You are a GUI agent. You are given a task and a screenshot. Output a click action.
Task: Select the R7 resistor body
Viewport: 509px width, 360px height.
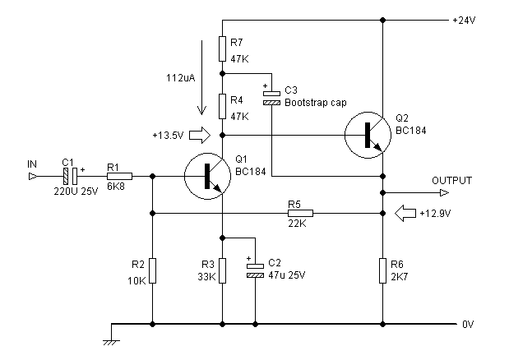[x=222, y=48]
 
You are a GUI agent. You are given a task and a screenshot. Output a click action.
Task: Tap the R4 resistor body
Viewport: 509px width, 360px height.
[x=222, y=106]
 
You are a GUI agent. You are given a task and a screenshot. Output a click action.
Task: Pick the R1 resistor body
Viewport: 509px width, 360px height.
[x=119, y=175]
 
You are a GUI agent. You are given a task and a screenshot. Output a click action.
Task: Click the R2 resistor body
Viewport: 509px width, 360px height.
[x=153, y=270]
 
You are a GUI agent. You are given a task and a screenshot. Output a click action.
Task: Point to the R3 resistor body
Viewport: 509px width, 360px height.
[x=222, y=270]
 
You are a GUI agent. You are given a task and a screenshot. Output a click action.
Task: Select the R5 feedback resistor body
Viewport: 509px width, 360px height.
[x=299, y=212]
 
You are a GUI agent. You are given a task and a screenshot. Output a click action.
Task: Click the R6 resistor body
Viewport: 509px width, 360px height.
[x=383, y=270]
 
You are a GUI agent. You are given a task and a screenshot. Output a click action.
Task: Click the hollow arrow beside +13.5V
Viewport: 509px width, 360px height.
[x=200, y=134]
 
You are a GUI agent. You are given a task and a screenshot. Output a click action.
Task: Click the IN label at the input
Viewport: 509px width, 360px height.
[x=32, y=165]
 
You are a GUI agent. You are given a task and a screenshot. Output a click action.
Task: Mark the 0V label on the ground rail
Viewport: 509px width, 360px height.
[x=468, y=324]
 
